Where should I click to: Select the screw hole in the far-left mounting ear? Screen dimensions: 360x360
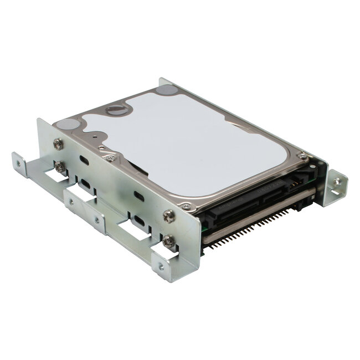click(x=20, y=164)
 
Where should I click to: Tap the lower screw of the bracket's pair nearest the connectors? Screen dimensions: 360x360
click(x=168, y=239)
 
